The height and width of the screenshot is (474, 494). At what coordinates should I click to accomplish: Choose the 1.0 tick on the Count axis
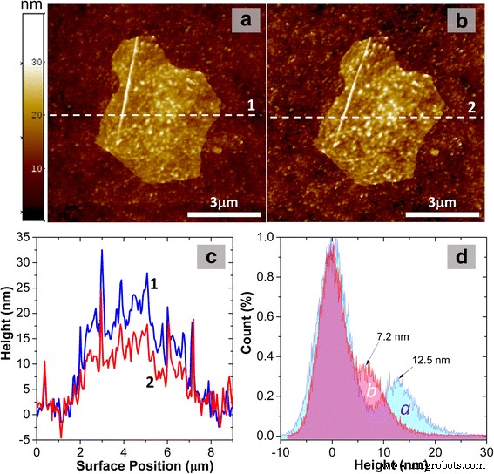[x=282, y=236]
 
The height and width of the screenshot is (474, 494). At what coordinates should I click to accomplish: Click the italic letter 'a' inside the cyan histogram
[x=403, y=408]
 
